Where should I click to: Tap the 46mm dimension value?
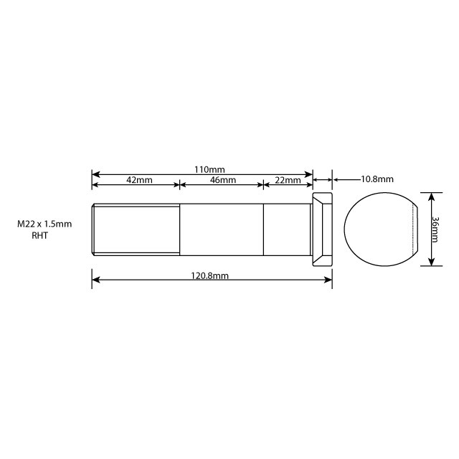tap(222, 180)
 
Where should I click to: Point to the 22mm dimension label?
tap(288, 180)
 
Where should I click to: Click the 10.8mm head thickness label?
tap(377, 179)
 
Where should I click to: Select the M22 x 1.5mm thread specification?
tap(44, 224)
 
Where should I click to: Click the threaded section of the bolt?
tap(136, 229)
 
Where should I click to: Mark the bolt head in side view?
tap(322, 229)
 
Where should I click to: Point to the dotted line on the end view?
tap(415, 229)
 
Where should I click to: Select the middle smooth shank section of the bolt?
tap(221, 229)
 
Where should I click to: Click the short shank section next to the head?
tap(286, 229)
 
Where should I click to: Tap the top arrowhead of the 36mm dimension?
tap(430, 195)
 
